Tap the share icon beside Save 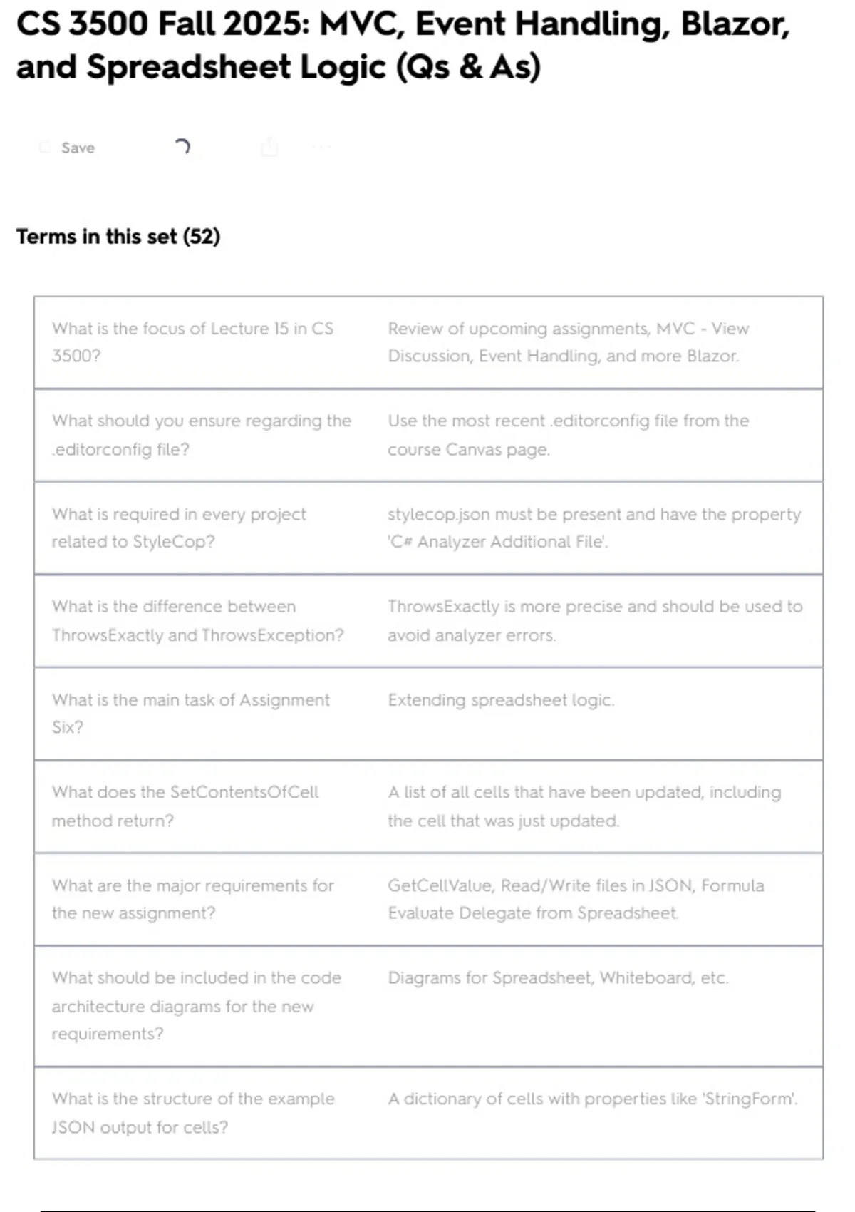pos(269,148)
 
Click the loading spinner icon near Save pos(182,147)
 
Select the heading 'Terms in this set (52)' pos(118,236)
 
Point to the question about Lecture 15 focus pos(192,342)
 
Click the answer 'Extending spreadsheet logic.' pos(501,700)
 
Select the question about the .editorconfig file pos(201,435)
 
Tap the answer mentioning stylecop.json pos(594,528)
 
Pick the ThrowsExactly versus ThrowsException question pos(197,620)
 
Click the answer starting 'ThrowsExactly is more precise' pos(595,620)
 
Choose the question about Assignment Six pos(190,713)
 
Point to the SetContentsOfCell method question pos(185,806)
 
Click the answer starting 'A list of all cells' pos(584,806)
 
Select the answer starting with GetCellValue pos(576,898)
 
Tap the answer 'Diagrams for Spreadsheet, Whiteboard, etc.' pos(558,977)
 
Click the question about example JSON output pos(192,1112)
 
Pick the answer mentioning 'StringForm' pos(593,1099)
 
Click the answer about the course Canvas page pos(568,435)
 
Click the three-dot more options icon pos(321,148)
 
